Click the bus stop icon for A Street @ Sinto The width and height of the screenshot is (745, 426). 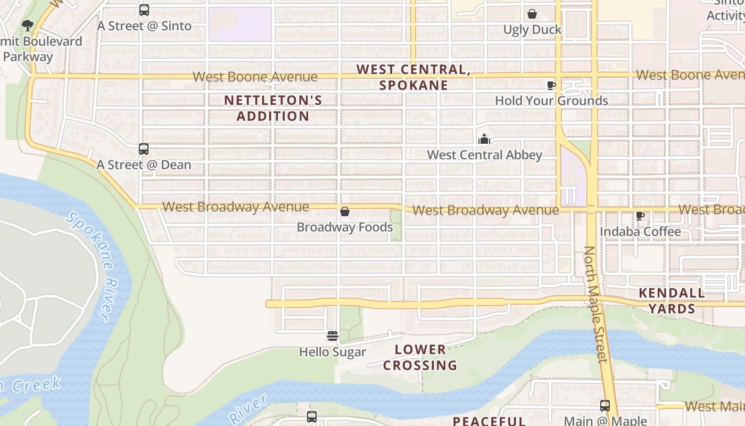point(144,10)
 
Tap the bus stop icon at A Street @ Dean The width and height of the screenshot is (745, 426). point(144,149)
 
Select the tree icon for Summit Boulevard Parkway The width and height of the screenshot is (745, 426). point(27,25)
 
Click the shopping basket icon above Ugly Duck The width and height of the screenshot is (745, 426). point(532,14)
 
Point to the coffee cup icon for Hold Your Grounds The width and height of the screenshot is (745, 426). point(551,85)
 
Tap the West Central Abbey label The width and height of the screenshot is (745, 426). point(484,155)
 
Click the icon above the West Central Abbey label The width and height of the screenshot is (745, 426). point(484,140)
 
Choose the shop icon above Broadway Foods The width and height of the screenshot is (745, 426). point(345,212)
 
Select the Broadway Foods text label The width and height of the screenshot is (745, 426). point(345,227)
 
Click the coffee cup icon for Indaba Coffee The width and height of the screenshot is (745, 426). point(640,216)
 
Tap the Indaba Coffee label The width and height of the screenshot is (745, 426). point(640,232)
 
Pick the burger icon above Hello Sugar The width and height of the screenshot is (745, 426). point(333,336)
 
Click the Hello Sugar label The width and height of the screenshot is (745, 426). point(333,352)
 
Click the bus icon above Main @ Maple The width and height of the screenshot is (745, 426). point(605,406)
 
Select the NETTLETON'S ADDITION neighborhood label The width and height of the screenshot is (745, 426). point(273,108)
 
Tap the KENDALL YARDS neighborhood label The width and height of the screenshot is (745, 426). point(672,301)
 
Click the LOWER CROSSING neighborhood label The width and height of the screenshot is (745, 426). point(420,357)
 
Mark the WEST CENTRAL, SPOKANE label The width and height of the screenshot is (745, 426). point(413,77)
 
